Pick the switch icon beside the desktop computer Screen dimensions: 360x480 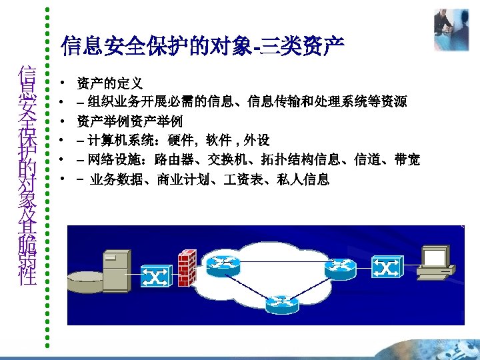(387, 268)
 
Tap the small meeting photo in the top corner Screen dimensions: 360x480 (451, 29)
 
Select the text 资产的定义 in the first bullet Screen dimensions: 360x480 (110, 84)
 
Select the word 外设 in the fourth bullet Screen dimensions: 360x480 (257, 141)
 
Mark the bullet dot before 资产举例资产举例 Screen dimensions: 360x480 (61, 122)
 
